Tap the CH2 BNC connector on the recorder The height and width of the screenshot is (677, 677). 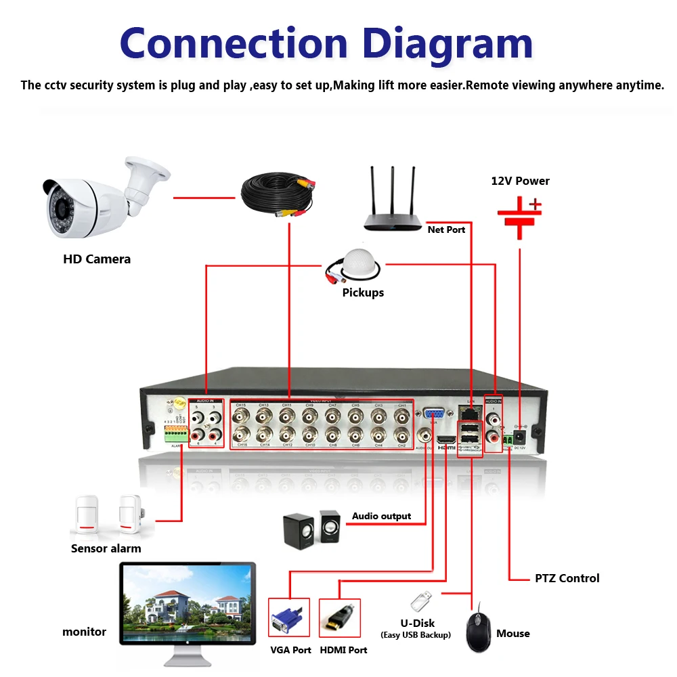[401, 434]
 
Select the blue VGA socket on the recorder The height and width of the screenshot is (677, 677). [433, 414]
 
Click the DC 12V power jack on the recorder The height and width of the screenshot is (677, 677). [519, 435]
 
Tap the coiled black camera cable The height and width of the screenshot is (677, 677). [278, 193]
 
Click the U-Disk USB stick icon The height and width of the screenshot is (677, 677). [420, 601]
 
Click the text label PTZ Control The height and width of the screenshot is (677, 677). [567, 578]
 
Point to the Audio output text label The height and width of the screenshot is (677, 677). [381, 516]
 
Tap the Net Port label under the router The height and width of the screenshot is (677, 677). [446, 230]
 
